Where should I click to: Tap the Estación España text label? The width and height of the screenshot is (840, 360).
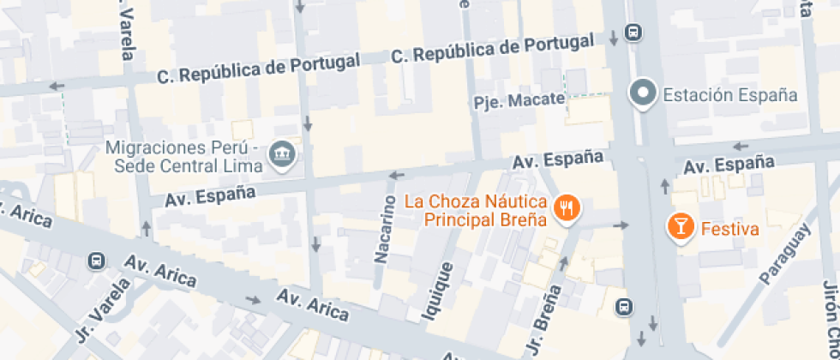[x=730, y=94]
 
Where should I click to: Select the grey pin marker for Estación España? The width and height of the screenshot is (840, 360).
[x=643, y=93]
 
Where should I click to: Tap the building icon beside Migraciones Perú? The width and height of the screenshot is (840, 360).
[x=280, y=155]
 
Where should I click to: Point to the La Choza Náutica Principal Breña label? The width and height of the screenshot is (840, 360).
[x=476, y=211]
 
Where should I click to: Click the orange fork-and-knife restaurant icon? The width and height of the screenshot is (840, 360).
[x=567, y=208]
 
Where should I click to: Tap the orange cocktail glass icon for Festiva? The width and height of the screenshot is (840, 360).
[x=681, y=226]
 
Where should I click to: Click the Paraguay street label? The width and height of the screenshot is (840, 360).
[x=783, y=254]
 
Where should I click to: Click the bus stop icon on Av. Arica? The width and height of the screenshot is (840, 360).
[x=97, y=261]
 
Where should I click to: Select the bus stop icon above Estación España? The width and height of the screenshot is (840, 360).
[x=633, y=33]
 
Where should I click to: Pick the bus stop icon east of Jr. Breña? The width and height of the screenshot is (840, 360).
[x=626, y=306]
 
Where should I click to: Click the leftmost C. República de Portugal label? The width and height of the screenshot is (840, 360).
[x=257, y=69]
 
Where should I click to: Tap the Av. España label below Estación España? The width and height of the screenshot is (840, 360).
[x=730, y=164]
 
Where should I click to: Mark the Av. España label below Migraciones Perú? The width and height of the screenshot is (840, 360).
[x=210, y=195]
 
